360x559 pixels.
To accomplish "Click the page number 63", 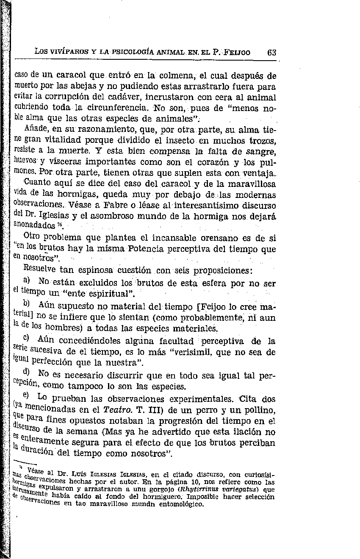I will coord(271,53).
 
